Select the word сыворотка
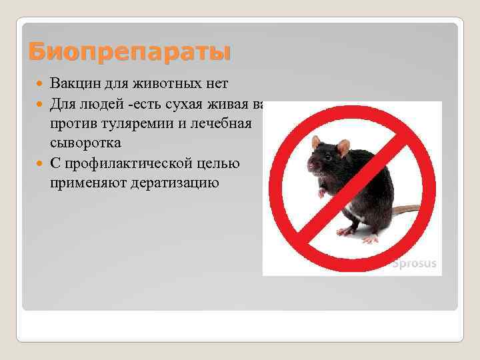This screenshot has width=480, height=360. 85,143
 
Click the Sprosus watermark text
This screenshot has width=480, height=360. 413,263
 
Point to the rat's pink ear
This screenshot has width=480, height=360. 343,147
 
